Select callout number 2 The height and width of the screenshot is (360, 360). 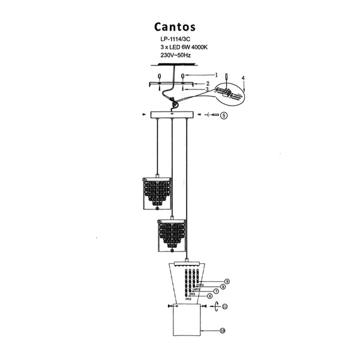(x=207, y=83)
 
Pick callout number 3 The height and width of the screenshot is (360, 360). (x=207, y=89)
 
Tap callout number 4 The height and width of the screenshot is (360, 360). (x=243, y=79)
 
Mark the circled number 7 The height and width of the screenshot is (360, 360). (x=215, y=291)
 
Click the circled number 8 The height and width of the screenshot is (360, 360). (x=221, y=286)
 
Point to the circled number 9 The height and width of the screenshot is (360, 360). (x=227, y=281)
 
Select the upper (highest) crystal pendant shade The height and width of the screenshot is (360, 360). (x=157, y=193)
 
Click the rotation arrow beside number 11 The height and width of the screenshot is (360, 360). (x=215, y=307)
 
